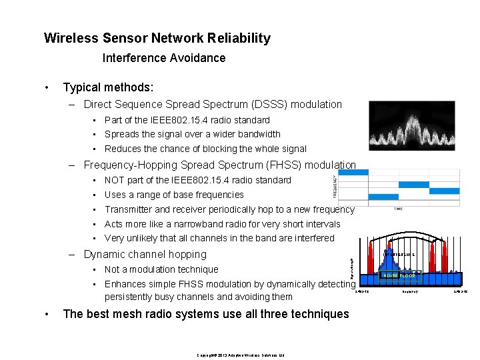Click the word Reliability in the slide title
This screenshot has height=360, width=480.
click(237, 38)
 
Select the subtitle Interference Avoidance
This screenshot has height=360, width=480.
click(164, 58)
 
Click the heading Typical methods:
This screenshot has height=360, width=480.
click(107, 87)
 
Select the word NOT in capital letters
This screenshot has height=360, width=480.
click(115, 180)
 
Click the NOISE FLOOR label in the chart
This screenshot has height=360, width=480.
click(399, 275)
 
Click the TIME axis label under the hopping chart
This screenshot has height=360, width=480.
click(398, 209)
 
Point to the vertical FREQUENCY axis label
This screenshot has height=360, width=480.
click(335, 185)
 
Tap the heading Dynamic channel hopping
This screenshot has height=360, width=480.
click(145, 254)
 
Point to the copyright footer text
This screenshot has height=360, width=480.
click(241, 355)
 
